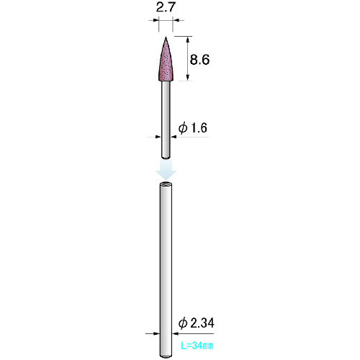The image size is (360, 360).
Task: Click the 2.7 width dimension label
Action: tap(166, 7)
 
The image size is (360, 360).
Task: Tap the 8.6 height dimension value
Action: tap(199, 59)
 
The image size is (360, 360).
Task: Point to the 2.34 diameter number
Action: tap(202, 323)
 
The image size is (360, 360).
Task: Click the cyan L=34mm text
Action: tap(197, 346)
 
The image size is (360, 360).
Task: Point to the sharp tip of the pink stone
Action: tap(166, 37)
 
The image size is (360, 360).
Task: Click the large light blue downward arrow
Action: tap(166, 170)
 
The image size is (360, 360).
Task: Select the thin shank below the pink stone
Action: tap(166, 120)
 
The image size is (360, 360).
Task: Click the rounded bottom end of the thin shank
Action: tap(166, 158)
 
